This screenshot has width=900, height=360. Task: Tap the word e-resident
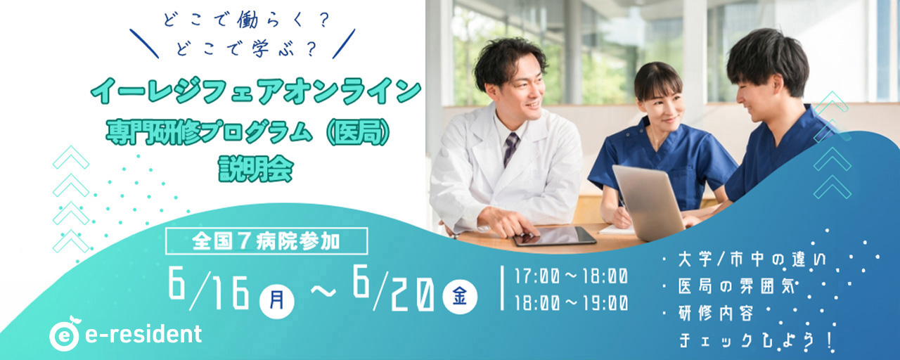click(143, 334)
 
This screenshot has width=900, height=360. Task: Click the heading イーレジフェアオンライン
click(256, 91)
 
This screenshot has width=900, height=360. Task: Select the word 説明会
click(256, 169)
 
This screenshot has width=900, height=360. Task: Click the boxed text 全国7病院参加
click(266, 241)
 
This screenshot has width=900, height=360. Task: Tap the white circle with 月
click(277, 300)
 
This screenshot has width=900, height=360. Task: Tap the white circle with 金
click(460, 297)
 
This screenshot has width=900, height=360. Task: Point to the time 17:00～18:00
click(572, 276)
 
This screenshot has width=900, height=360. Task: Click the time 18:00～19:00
click(572, 303)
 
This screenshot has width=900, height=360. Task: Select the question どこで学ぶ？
click(246, 49)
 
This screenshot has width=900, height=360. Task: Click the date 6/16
click(209, 288)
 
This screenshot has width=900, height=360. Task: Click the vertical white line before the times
click(502, 288)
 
